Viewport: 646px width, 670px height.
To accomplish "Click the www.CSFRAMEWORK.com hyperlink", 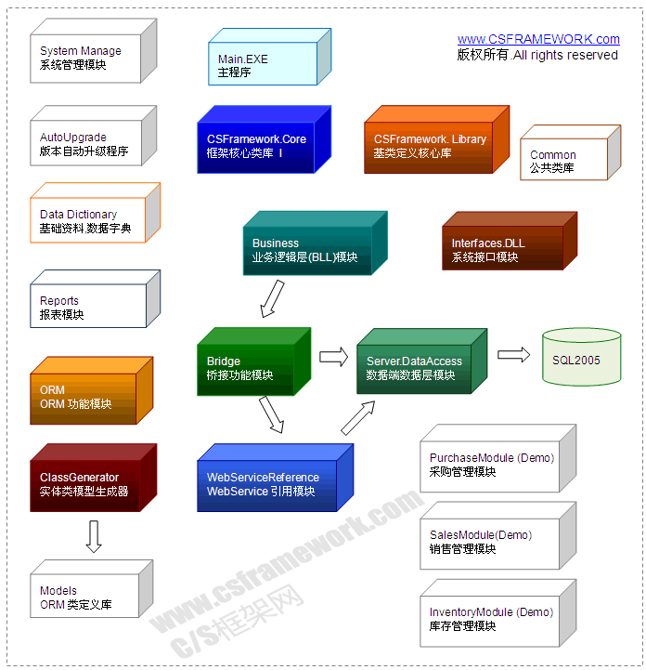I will coord(538,39).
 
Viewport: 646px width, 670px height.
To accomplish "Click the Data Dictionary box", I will coord(88,221).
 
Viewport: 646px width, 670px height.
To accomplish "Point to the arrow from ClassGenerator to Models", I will coord(93,536).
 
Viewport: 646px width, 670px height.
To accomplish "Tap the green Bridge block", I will coord(247,368).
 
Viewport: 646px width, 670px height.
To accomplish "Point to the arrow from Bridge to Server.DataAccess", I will coord(331,356).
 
